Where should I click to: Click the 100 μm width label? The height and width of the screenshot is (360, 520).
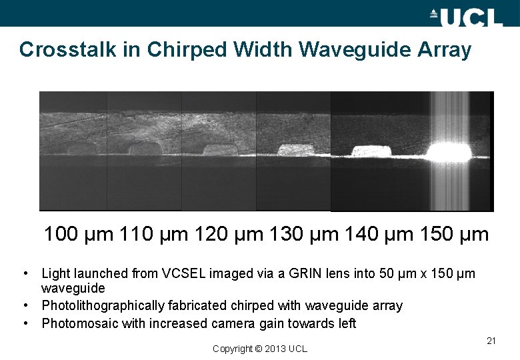[79, 235]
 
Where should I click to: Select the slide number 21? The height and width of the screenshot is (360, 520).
[491, 341]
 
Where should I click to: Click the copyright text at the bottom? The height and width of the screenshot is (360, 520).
[260, 349]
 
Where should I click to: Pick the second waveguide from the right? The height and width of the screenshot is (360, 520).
[372, 151]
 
